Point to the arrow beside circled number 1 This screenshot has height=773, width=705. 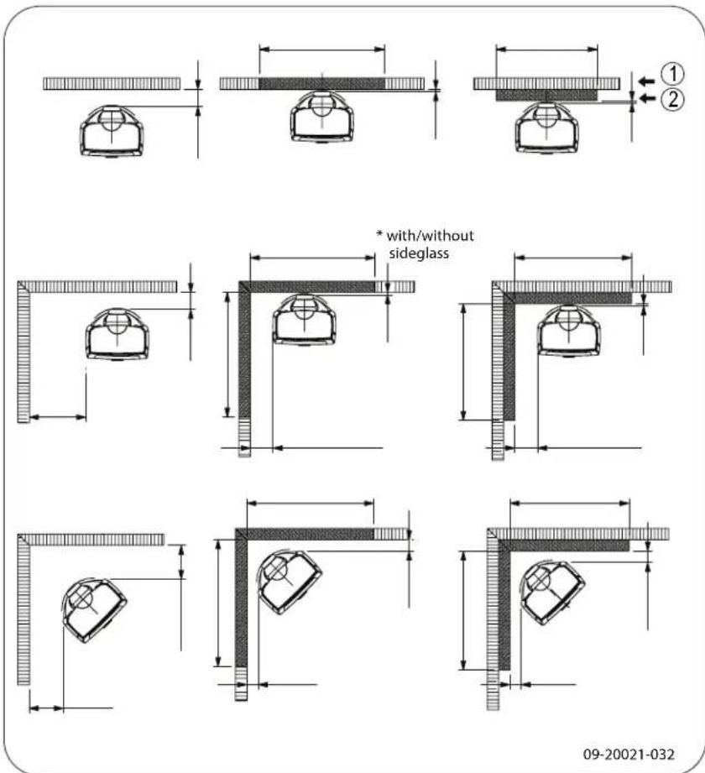pos(645,81)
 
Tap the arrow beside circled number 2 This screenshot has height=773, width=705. pos(645,99)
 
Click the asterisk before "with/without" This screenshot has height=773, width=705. pos(379,236)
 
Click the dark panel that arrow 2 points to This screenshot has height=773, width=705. pos(546,96)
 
